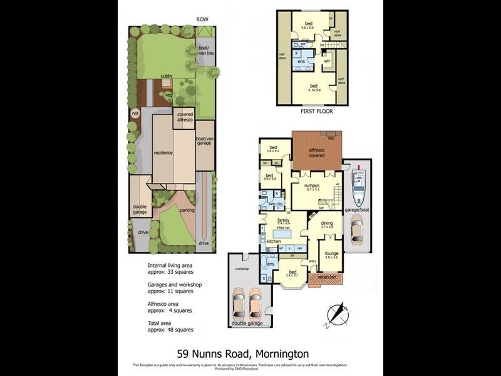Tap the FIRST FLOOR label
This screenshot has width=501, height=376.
(316, 111)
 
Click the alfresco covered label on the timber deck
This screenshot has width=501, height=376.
(317, 152)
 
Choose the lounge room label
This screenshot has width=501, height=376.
(332, 254)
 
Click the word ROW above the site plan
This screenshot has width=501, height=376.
(202, 19)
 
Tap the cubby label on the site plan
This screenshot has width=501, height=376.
(166, 76)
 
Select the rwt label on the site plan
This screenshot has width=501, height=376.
(135, 113)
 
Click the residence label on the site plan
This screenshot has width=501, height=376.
(163, 152)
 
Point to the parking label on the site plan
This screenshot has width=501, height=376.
(187, 210)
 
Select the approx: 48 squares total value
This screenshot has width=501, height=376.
(170, 329)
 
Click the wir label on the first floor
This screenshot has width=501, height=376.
(327, 61)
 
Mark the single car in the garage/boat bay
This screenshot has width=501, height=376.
(356, 231)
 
